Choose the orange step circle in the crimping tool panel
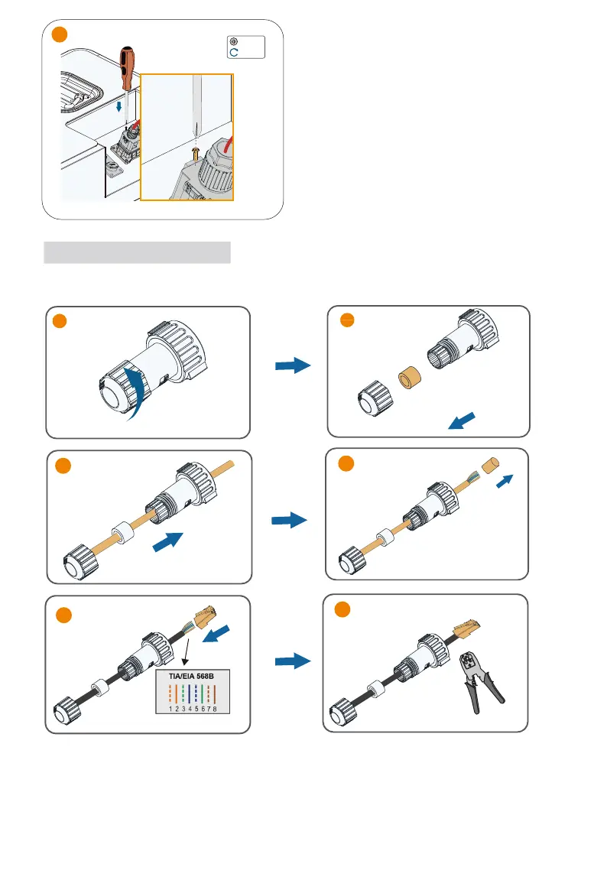342,609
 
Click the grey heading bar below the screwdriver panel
138,252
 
